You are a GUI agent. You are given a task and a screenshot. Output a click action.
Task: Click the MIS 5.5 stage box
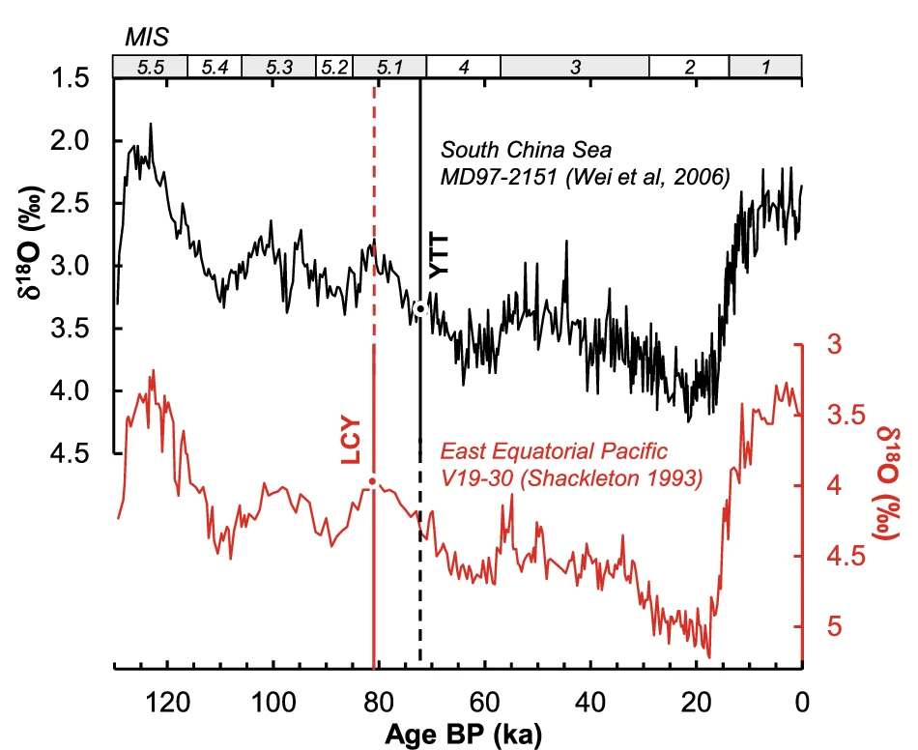(x=150, y=67)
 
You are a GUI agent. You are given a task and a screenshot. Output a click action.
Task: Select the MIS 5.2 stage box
(x=334, y=67)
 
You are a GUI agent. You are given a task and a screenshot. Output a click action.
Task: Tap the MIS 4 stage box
(x=463, y=67)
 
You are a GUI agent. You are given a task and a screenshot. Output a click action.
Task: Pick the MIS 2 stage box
(x=689, y=67)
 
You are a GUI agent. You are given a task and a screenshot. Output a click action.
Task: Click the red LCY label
(x=351, y=440)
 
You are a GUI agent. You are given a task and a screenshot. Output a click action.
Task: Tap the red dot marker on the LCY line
(x=372, y=481)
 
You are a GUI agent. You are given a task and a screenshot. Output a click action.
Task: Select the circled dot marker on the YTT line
(x=419, y=309)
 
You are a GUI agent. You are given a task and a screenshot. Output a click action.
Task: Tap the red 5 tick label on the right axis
(x=832, y=626)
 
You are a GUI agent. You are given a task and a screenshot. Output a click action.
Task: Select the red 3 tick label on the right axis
(x=832, y=345)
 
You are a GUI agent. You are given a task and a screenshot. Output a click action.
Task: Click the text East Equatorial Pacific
(x=556, y=452)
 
